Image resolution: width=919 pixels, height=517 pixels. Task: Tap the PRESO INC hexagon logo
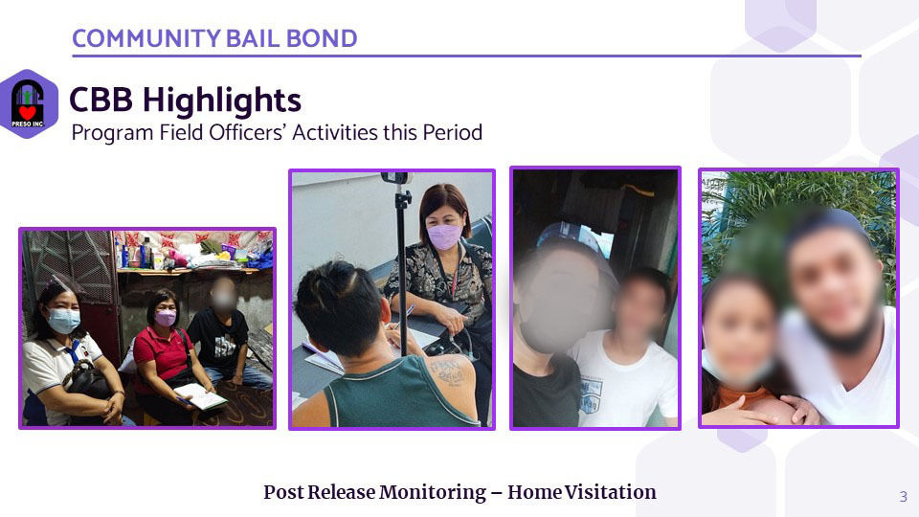[28, 103]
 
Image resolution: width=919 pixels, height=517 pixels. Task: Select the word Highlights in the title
[221, 101]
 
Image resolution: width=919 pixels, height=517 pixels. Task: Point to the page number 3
[903, 497]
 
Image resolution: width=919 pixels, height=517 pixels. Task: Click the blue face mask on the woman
[63, 320]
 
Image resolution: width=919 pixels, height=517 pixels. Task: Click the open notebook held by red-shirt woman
[200, 396]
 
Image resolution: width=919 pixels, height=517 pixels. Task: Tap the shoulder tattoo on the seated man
[448, 372]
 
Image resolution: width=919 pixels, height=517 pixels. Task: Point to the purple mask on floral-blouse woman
[444, 236]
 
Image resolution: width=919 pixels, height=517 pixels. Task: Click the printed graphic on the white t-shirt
[591, 395]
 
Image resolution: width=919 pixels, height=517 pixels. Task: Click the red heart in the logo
[27, 111]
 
